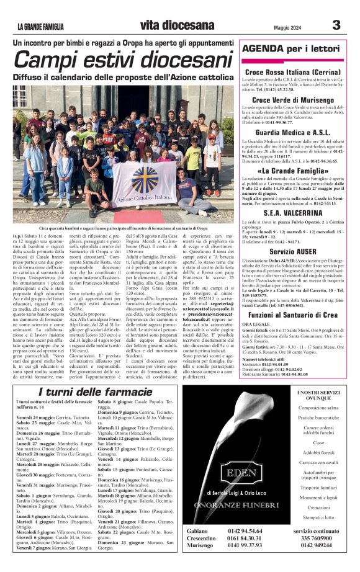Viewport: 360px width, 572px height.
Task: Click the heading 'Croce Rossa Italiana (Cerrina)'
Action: click(x=292, y=72)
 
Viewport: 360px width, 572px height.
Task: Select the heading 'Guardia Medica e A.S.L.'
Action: click(x=292, y=133)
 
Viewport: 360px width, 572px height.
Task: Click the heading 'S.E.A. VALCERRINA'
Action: click(x=292, y=212)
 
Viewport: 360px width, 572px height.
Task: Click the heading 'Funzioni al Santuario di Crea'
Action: click(x=292, y=298)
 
